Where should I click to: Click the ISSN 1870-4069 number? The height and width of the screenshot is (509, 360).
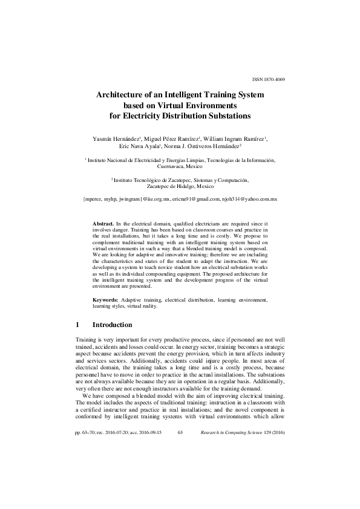click(267, 80)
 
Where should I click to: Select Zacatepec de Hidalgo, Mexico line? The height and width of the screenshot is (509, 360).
click(180, 187)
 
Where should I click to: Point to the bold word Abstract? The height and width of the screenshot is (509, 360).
click(103, 224)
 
